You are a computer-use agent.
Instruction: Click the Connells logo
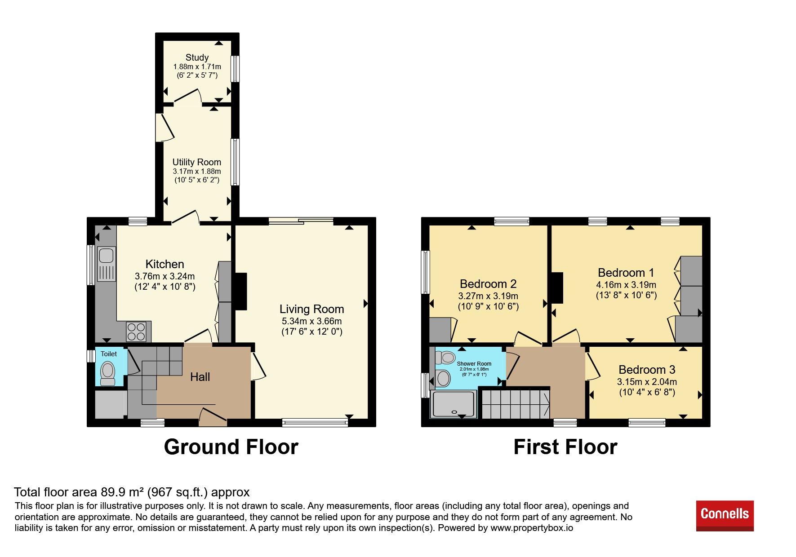click(725, 515)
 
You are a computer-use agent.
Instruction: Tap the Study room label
click(197, 57)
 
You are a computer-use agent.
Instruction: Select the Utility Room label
click(197, 162)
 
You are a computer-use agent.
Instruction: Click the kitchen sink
click(107, 264)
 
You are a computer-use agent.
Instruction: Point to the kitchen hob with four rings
click(136, 332)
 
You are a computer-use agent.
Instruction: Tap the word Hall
click(200, 377)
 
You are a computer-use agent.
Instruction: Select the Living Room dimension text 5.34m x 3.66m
click(311, 321)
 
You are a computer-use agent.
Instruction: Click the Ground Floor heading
click(231, 447)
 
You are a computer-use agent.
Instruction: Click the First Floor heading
click(565, 447)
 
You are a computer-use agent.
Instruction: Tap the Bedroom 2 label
click(488, 284)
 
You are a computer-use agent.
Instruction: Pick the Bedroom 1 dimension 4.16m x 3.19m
click(626, 285)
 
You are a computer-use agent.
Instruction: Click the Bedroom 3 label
click(647, 370)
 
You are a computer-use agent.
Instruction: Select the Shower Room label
click(474, 364)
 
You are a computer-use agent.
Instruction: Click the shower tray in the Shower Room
click(454, 404)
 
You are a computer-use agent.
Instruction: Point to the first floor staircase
click(516, 404)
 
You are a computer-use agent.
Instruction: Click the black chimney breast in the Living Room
click(241, 291)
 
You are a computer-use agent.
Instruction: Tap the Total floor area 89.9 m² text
click(132, 492)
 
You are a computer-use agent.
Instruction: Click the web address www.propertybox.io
click(532, 528)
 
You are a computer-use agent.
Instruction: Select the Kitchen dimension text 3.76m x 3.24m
click(165, 276)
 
